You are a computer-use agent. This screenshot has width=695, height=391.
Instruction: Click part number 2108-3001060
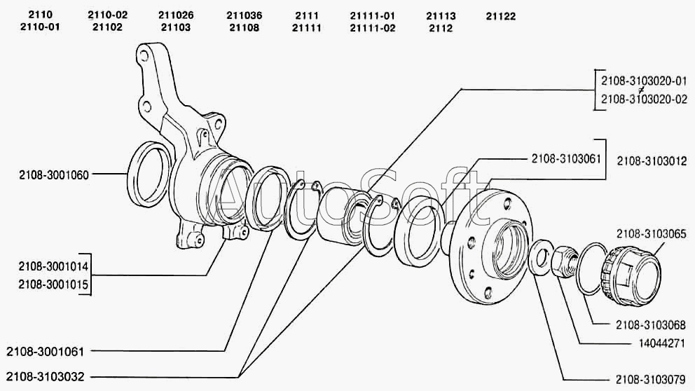click(x=55, y=175)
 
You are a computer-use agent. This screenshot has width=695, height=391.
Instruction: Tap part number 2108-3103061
click(x=566, y=159)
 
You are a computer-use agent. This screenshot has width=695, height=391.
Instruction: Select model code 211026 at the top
click(x=176, y=15)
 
